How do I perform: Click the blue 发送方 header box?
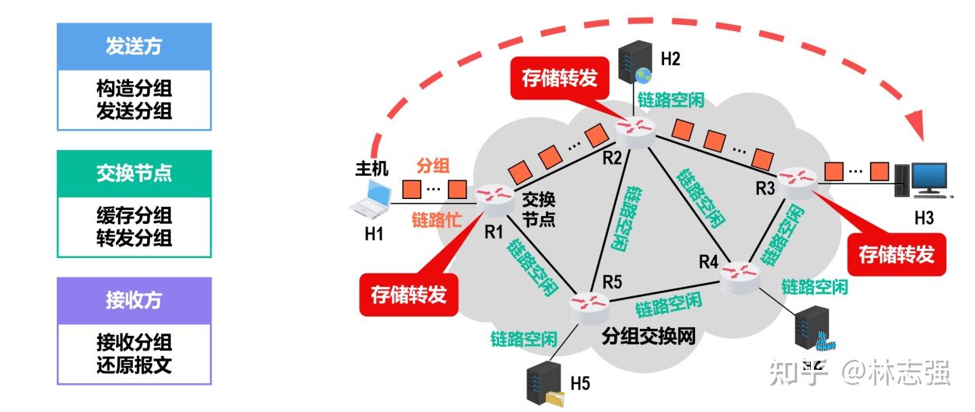(x=134, y=47)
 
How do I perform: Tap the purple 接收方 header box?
(x=134, y=301)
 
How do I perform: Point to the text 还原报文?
(x=134, y=364)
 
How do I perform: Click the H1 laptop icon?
(x=372, y=198)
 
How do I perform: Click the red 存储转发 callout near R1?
(x=408, y=295)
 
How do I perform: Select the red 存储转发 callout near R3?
(x=896, y=254)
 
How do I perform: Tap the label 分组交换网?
(x=648, y=337)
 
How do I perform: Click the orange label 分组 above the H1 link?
(x=434, y=165)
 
